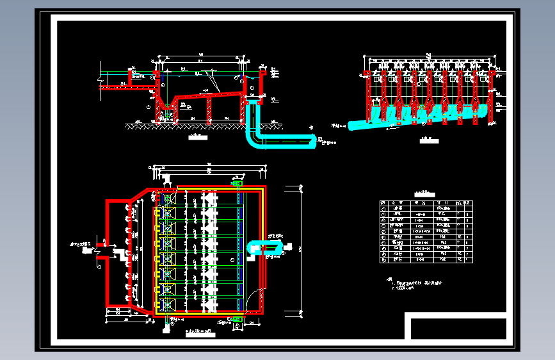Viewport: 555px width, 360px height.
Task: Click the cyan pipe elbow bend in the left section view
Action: click(252, 140)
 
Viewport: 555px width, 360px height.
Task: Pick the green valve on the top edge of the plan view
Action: click(238, 184)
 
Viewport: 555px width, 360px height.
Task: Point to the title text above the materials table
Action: click(424, 193)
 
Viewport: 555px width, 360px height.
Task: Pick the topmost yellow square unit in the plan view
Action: click(168, 213)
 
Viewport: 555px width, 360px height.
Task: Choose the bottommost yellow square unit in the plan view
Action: click(168, 305)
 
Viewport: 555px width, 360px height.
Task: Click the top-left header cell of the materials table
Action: click(383, 202)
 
